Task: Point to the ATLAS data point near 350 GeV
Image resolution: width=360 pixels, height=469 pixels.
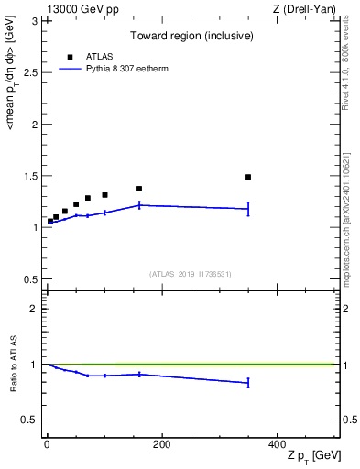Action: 248,177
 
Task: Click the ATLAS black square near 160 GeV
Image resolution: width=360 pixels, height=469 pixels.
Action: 139,189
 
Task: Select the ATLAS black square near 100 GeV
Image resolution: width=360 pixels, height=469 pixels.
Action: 104,195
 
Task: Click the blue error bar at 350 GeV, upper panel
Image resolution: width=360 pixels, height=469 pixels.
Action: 248,209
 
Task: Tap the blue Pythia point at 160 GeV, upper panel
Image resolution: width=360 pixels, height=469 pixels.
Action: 139,205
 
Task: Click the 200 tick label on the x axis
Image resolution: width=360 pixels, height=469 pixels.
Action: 161,444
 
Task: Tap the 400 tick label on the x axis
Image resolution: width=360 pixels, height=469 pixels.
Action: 277,444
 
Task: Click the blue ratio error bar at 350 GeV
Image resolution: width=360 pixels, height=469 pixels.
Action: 248,383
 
